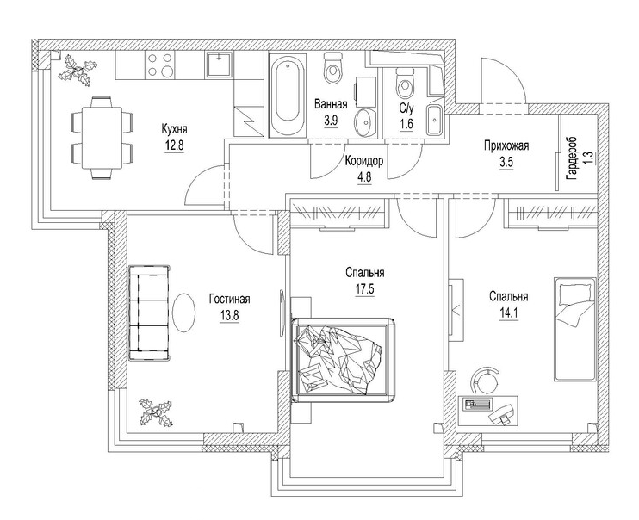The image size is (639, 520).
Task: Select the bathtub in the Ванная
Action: click(285, 96)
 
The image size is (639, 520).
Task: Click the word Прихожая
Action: click(506, 146)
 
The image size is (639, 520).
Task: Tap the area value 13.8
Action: click(228, 314)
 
